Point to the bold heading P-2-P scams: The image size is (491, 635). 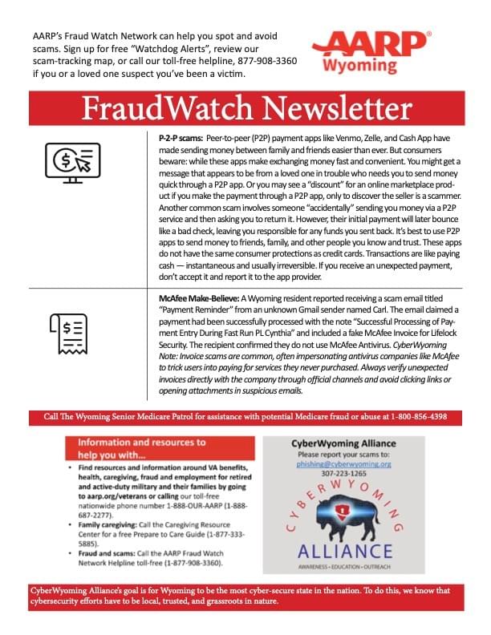(181, 138)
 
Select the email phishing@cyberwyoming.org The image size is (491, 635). (354, 463)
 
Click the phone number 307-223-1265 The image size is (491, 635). (354, 473)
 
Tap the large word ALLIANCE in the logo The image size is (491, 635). (355, 552)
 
